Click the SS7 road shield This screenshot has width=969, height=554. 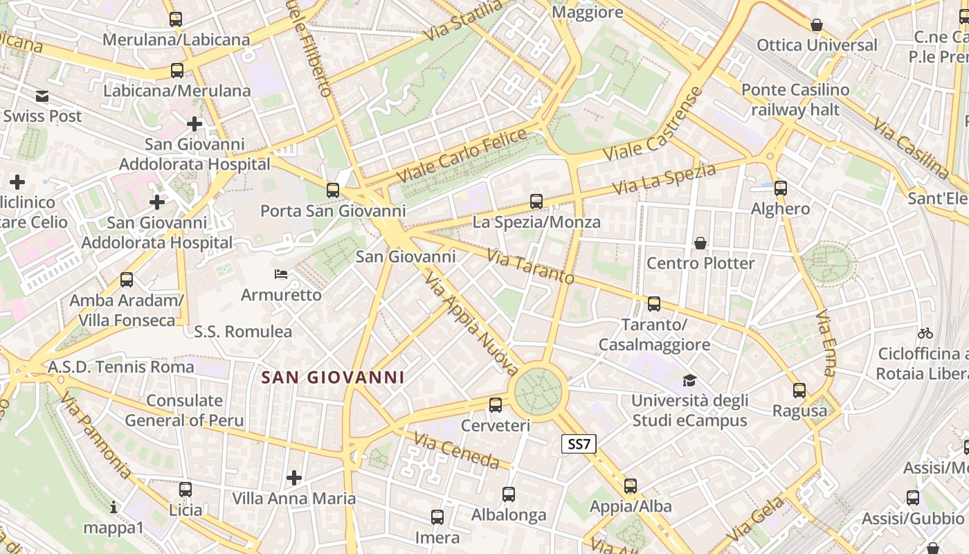pyautogui.click(x=578, y=444)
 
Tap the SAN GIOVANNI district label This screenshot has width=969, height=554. pyautogui.click(x=333, y=377)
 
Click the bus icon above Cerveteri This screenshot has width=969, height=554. pyautogui.click(x=496, y=405)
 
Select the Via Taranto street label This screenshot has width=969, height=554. pyautogui.click(x=530, y=267)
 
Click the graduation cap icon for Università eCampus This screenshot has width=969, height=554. pyautogui.click(x=689, y=380)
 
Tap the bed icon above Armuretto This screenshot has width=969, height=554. pyautogui.click(x=281, y=274)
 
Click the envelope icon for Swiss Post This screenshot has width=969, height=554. pyautogui.click(x=43, y=96)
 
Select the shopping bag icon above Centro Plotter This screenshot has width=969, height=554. pyautogui.click(x=700, y=243)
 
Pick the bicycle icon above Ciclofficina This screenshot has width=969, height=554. pyautogui.click(x=925, y=333)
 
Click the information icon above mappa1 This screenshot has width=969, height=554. pyautogui.click(x=114, y=508)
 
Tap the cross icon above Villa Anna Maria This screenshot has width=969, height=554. pyautogui.click(x=294, y=478)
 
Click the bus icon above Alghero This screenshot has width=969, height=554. pyautogui.click(x=781, y=188)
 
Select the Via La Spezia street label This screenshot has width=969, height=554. pyautogui.click(x=663, y=179)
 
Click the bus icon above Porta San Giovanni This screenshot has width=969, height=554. pyautogui.click(x=333, y=190)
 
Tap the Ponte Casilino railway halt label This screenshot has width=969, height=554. pyautogui.click(x=795, y=100)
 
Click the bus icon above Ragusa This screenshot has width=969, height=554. pyautogui.click(x=799, y=391)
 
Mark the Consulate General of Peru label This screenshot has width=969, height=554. pyautogui.click(x=184, y=410)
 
